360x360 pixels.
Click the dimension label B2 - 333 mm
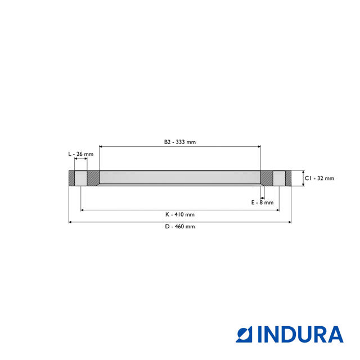point(180,142)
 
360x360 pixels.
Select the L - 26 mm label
point(80,154)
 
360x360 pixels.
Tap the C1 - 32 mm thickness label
point(319,178)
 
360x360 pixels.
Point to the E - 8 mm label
point(262,202)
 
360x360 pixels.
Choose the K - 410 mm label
point(180,214)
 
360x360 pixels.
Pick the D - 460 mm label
point(180,227)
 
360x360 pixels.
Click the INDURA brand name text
point(300,334)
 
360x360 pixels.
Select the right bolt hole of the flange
point(279,178)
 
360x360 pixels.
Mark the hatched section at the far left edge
point(71,178)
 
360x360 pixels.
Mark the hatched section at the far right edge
point(288,178)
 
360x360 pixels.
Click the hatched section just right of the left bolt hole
point(93,178)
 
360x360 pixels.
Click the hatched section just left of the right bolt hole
point(267,178)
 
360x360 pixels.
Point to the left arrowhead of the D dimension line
point(70,222)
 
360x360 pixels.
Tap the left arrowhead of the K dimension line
point(83,210)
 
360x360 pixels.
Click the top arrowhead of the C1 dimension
point(303,172)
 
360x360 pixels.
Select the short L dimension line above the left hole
point(80,159)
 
